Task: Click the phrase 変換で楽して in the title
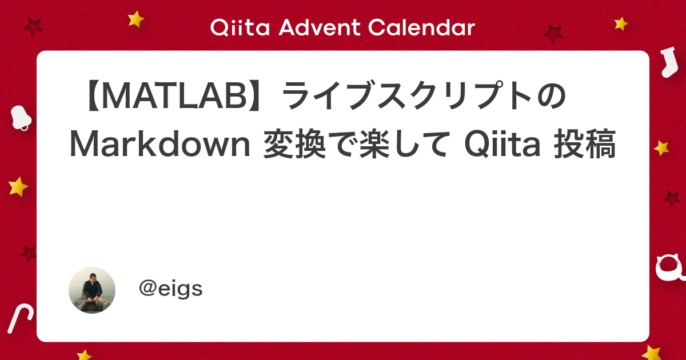click(354, 146)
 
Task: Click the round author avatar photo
click(92, 290)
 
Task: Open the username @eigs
click(170, 289)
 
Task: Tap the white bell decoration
click(21, 117)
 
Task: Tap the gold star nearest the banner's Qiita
click(136, 19)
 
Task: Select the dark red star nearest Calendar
click(553, 34)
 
